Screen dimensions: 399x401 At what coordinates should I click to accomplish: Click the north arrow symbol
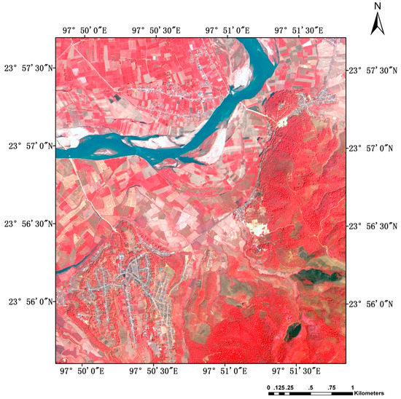[x=377, y=25]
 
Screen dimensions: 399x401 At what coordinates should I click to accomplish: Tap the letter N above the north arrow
[x=377, y=7]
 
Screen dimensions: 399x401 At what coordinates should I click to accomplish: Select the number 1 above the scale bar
[x=352, y=386]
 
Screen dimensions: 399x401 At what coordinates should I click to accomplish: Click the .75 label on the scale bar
[x=332, y=386]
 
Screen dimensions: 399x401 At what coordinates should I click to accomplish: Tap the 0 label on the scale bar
[x=268, y=386]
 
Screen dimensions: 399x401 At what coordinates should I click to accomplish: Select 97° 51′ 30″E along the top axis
[x=299, y=30]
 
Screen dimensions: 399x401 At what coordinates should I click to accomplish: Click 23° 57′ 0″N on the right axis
[x=373, y=147]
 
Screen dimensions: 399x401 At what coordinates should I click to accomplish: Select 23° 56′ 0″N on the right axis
[x=373, y=303]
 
